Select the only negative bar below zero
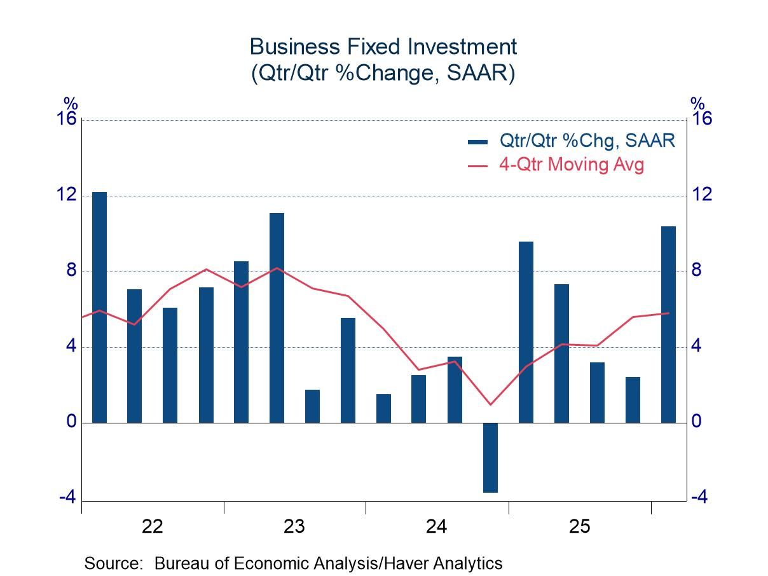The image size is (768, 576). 490,457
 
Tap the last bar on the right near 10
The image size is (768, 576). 668,324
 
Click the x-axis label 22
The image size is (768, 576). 153,526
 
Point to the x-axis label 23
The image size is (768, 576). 294,526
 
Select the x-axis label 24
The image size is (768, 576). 437,526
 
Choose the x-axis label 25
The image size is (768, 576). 579,526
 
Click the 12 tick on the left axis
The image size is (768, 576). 67,195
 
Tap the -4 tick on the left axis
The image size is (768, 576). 67,498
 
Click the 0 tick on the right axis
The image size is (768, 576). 697,422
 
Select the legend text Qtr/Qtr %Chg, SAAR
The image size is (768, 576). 587,141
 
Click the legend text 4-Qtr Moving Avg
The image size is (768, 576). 572,165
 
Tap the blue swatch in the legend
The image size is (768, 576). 478,141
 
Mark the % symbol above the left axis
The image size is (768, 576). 70,103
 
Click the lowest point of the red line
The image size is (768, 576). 490,404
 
